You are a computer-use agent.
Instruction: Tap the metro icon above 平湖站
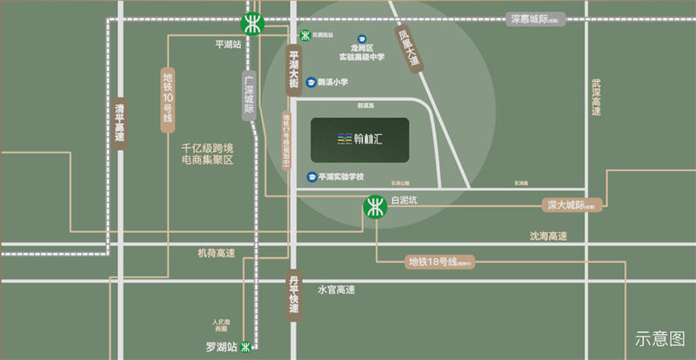click(253, 23)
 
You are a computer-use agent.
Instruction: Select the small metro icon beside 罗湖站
click(247, 346)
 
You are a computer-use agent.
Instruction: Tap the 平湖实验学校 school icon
click(311, 177)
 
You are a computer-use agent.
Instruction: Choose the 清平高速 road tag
click(120, 127)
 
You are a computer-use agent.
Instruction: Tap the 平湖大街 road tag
click(293, 70)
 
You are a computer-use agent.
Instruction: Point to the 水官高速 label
click(336, 290)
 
